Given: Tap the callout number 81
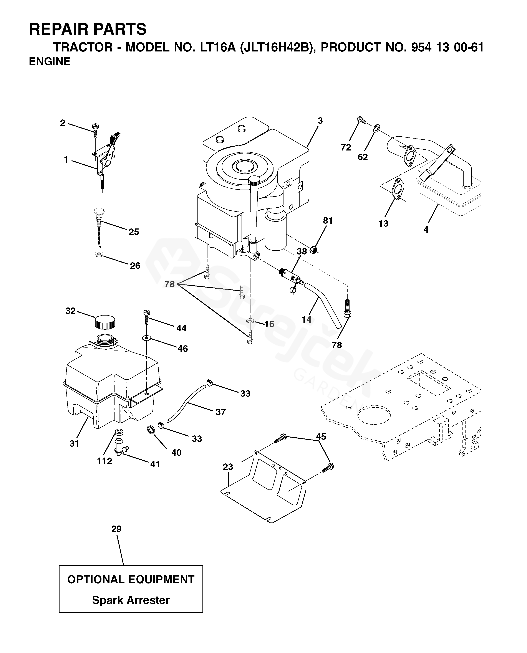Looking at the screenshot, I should click(x=328, y=221).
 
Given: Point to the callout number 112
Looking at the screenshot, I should click(x=104, y=461).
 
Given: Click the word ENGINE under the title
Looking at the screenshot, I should click(x=50, y=62).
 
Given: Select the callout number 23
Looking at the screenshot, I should click(x=228, y=467).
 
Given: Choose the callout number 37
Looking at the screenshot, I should click(x=220, y=412).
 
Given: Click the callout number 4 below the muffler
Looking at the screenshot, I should click(x=426, y=230).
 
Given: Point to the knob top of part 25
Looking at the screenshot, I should click(x=99, y=211).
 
